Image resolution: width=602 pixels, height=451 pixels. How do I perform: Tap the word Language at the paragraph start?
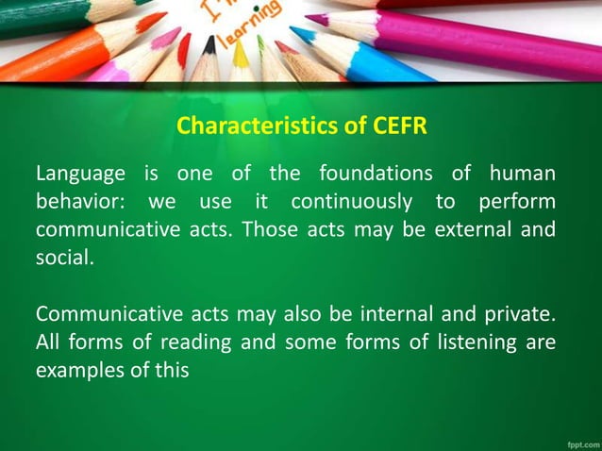click(x=79, y=175)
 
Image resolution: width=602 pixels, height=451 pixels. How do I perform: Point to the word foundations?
click(x=376, y=175)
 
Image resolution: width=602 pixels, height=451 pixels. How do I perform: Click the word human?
click(x=522, y=175)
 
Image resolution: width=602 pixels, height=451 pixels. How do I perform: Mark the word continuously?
click(x=351, y=203)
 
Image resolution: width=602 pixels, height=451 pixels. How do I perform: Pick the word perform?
click(x=516, y=203)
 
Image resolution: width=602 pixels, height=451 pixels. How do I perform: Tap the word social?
click(x=64, y=258)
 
